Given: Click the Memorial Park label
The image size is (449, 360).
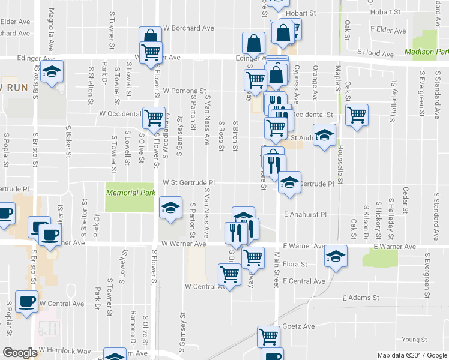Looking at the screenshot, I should click(x=131, y=193).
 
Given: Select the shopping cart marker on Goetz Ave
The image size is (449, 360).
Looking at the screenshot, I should click(x=268, y=336).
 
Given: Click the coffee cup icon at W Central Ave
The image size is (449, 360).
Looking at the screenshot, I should click(x=26, y=301).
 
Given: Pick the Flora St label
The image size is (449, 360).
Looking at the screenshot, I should click(x=295, y=263).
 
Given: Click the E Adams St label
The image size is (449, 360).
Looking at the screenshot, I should click(x=361, y=297).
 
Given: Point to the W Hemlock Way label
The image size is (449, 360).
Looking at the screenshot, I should click(x=65, y=350).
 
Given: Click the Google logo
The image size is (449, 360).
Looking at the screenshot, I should click(x=20, y=353).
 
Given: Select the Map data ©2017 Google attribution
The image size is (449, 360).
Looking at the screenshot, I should click(x=412, y=355).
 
